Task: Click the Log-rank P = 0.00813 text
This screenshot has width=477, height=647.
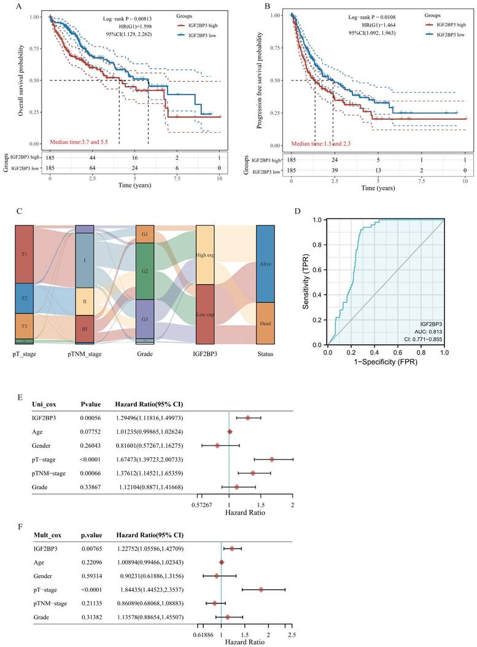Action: coord(134,19)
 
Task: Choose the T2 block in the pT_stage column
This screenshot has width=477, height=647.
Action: coord(25,299)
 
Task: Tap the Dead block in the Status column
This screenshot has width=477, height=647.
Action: coord(266,323)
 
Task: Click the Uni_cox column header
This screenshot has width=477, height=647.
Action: coord(45,404)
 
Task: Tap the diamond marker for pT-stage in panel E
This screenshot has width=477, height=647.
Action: coord(271,458)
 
